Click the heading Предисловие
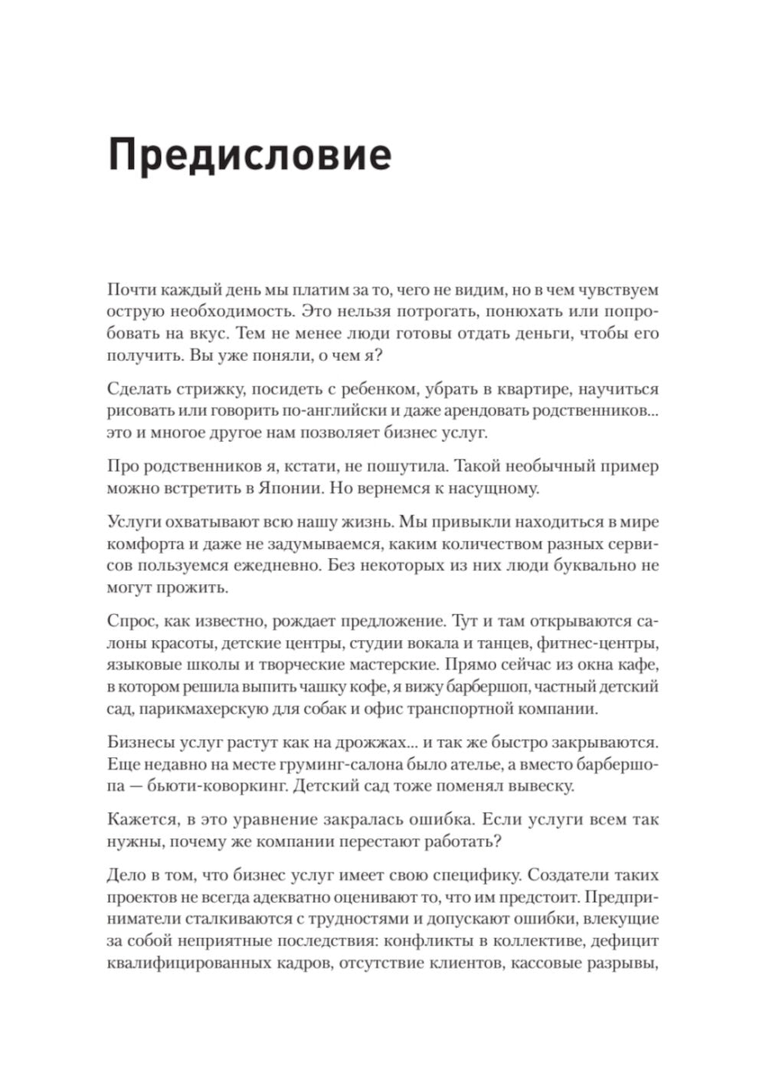click(x=250, y=155)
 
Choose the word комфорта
click(x=144, y=544)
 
